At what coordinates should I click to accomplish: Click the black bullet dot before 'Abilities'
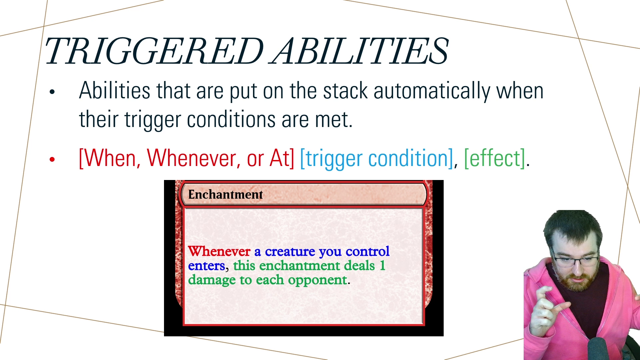[52, 92]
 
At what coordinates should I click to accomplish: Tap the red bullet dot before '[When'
[52, 159]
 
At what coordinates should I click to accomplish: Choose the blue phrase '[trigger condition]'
[377, 159]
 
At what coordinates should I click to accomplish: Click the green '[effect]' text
[495, 159]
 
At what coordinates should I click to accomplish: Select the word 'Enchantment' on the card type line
[225, 194]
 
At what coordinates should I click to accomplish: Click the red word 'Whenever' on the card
[219, 251]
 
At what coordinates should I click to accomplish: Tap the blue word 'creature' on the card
[290, 252]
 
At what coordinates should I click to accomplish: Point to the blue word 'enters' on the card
[207, 266]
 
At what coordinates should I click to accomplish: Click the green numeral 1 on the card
[382, 266]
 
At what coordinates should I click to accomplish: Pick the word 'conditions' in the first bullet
[231, 120]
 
